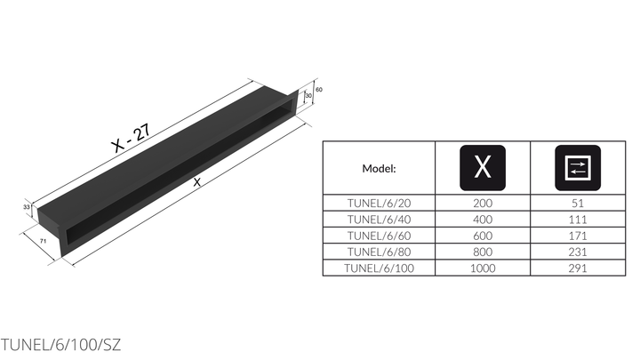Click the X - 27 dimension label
tap(131, 138)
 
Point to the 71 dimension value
tap(43, 241)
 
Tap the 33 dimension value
tap(26, 207)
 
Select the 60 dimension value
tap(319, 90)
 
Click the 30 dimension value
tap(308, 95)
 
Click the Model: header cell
tap(379, 168)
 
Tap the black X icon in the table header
tap(483, 168)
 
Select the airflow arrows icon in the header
tap(578, 168)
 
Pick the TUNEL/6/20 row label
tap(379, 203)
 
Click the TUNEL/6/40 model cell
tap(379, 220)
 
